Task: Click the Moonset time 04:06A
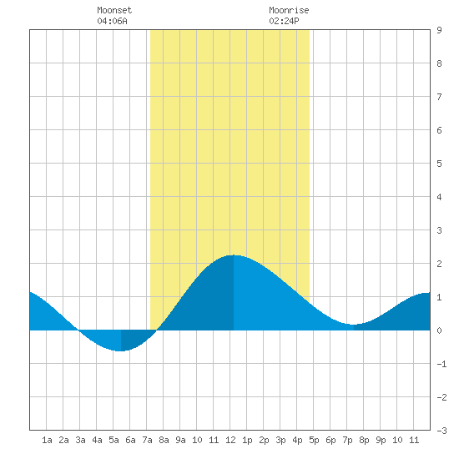click(x=112, y=21)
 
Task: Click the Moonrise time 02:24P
click(x=284, y=21)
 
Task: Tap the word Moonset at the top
click(x=114, y=10)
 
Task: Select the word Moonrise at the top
click(x=289, y=10)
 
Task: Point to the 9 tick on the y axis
click(x=439, y=30)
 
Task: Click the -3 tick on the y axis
click(x=441, y=431)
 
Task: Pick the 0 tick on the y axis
click(x=439, y=330)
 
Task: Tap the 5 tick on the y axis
click(x=439, y=164)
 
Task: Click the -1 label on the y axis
click(x=441, y=364)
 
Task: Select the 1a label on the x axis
click(x=47, y=440)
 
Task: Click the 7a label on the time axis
click(x=147, y=440)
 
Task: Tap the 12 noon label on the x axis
click(x=230, y=440)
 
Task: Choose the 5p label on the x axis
click(x=314, y=440)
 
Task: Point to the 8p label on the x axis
click(x=364, y=440)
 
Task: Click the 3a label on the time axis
click(x=80, y=440)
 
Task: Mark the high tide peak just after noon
click(x=234, y=255)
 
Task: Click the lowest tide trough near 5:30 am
click(x=121, y=351)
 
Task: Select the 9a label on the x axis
click(x=180, y=440)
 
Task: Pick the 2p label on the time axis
click(x=264, y=440)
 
